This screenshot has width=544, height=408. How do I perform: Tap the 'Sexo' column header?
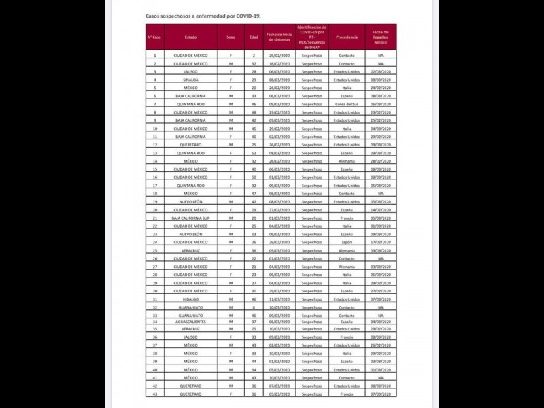232,37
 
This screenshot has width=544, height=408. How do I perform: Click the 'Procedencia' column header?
347,37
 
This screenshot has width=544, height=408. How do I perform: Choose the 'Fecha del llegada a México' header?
381,37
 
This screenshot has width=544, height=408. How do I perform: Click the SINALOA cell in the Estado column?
190,80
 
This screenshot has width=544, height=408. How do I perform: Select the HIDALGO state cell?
190,299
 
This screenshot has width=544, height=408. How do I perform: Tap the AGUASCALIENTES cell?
190,322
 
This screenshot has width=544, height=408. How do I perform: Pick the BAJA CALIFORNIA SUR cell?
190,218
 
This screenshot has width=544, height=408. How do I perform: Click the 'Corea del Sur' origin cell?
347,104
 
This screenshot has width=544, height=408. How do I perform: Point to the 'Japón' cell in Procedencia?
347,242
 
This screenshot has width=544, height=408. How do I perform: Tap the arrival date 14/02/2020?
381,210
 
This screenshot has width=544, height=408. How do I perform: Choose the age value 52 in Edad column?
254,153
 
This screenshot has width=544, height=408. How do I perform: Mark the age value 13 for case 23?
254,234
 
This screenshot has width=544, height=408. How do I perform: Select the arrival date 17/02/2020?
381,242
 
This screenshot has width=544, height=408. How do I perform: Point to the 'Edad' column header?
254,37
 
